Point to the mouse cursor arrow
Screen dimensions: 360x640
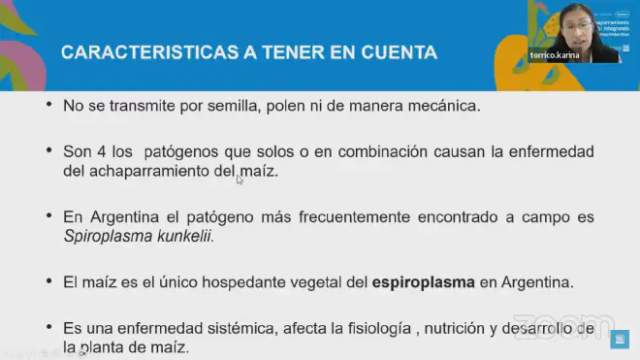coord(240,179)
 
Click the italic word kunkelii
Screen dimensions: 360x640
coord(181,236)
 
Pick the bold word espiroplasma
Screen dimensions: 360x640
coord(424,283)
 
